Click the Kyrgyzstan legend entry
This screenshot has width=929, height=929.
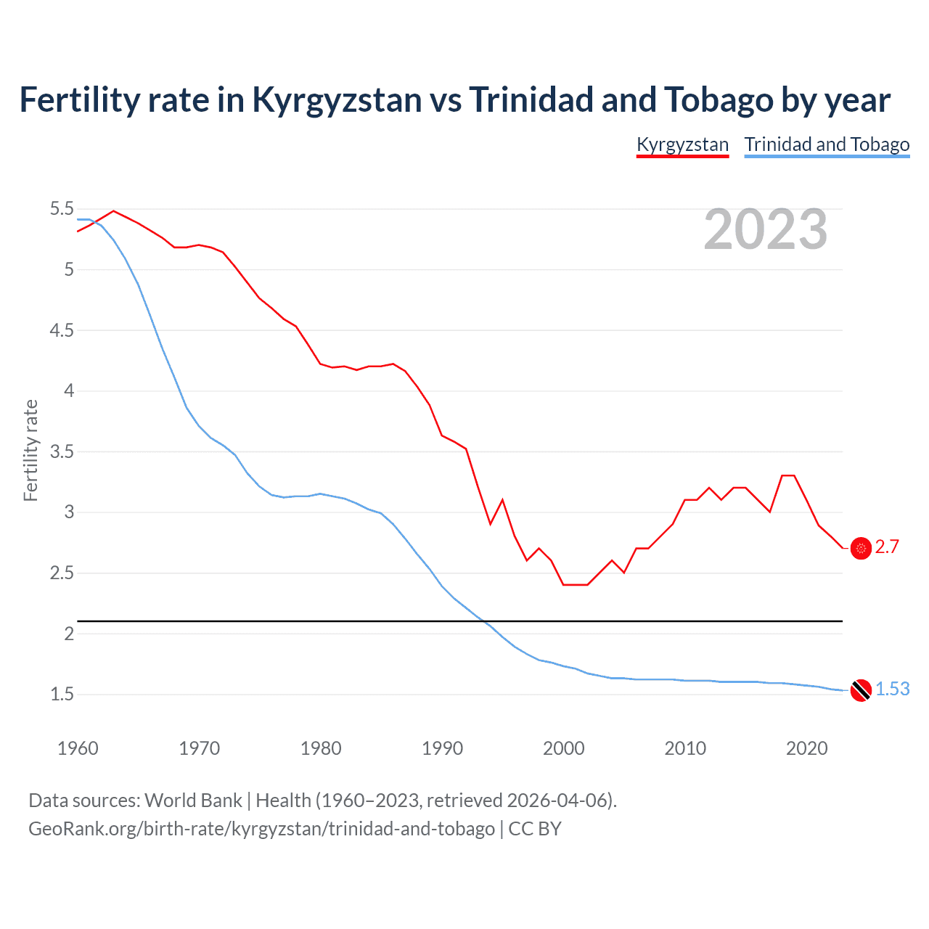point(682,144)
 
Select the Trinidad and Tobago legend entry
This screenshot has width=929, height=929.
point(827,144)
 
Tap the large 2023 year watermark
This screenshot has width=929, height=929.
point(766,229)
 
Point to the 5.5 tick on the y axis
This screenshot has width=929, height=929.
point(62,209)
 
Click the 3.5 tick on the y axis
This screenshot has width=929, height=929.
point(62,451)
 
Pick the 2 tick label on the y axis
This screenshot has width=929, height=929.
point(69,634)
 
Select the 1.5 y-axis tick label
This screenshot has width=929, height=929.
point(62,695)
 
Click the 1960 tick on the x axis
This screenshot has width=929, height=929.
point(78,748)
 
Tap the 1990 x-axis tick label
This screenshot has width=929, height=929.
point(442,748)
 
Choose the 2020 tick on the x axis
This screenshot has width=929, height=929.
point(806,748)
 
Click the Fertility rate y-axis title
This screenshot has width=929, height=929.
point(30,450)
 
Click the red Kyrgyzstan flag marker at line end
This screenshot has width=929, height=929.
point(861,549)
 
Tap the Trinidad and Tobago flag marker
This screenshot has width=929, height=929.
point(861,690)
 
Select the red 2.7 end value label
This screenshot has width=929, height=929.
point(887,547)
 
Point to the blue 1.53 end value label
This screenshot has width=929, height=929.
point(892,689)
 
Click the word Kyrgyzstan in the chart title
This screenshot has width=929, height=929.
point(337,100)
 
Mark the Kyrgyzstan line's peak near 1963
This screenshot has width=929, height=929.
point(113,211)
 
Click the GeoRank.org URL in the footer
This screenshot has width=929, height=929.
point(261,829)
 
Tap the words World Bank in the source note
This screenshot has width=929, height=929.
point(193,801)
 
